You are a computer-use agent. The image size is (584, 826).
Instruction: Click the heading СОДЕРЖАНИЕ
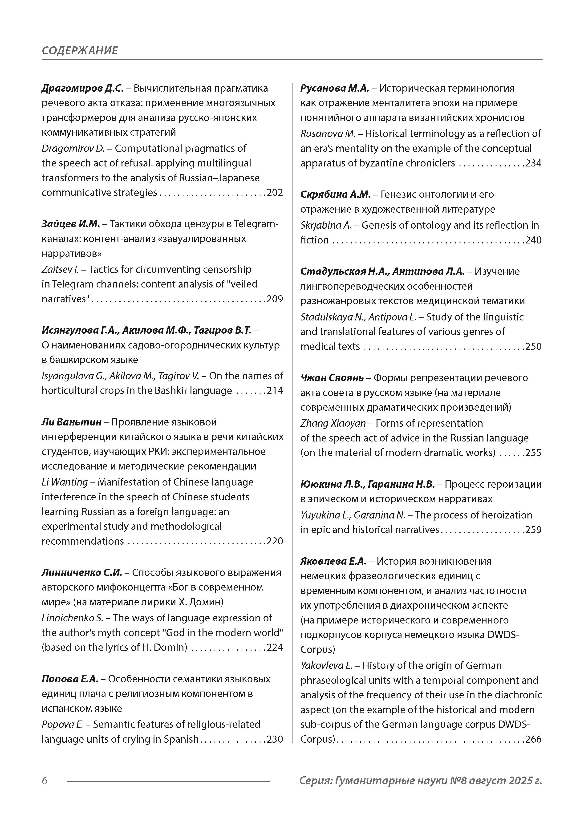[80, 50]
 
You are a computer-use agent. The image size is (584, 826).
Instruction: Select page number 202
[275, 193]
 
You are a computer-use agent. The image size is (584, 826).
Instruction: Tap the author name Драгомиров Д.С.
[82, 88]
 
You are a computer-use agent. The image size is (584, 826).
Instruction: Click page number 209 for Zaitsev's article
[275, 299]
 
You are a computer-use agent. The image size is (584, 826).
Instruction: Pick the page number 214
[275, 391]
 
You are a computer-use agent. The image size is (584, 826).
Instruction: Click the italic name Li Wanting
[65, 482]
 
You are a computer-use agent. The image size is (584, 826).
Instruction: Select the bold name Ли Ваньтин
[72, 422]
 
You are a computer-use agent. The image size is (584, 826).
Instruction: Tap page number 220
[275, 541]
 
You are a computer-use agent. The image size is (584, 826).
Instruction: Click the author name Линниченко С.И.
[82, 572]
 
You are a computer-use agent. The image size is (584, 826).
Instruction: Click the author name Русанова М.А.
[335, 88]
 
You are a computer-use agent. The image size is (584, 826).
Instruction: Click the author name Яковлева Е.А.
[333, 561]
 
